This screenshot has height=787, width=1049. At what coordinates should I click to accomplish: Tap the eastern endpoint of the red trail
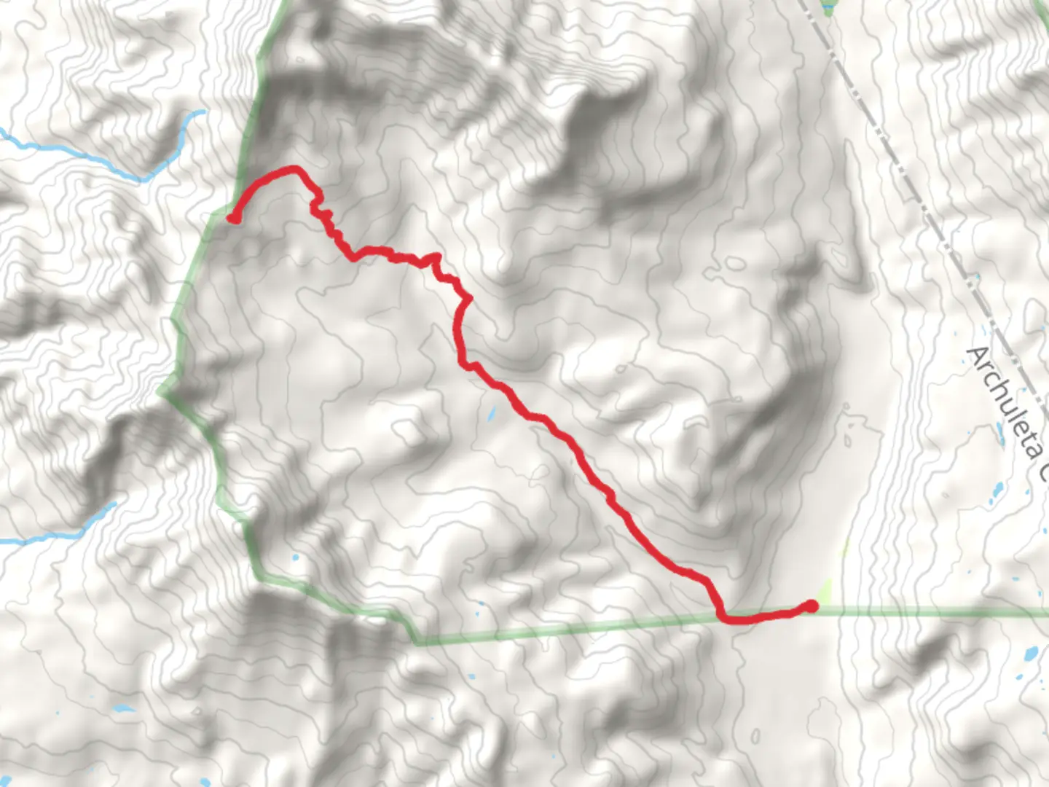coord(811,606)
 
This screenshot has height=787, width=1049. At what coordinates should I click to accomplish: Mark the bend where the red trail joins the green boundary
coord(723,618)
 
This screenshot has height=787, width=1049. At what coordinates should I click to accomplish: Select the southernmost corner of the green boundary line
coord(417,643)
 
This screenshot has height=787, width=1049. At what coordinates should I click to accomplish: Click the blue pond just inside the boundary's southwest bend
coord(294,559)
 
